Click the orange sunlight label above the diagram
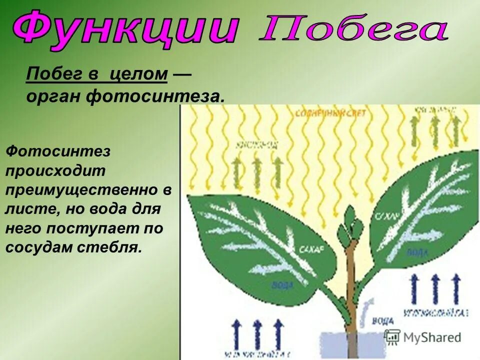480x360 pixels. coord(330,113)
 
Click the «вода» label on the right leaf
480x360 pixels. coord(417,252)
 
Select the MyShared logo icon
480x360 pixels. coord(392,336)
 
